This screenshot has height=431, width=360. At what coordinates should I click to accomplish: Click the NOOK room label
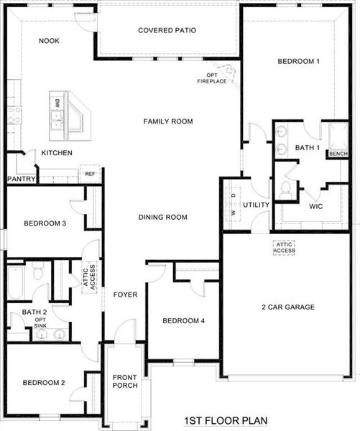pyautogui.click(x=49, y=41)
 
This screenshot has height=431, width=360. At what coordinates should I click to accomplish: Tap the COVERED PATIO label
pyautogui.click(x=167, y=30)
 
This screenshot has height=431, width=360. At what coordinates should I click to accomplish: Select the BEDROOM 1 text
pyautogui.click(x=298, y=62)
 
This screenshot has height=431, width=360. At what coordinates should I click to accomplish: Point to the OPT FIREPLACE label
pyautogui.click(x=212, y=78)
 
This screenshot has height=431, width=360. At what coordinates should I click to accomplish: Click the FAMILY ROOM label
pyautogui.click(x=168, y=121)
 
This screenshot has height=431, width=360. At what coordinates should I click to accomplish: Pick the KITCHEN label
pyautogui.click(x=56, y=153)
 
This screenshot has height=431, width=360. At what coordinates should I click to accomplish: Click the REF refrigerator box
pyautogui.click(x=90, y=174)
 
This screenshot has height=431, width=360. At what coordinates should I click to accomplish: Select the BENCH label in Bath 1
pyautogui.click(x=337, y=154)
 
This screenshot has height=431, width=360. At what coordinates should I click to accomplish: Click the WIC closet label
pyautogui.click(x=316, y=206)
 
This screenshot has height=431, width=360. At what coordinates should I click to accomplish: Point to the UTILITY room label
pyautogui.click(x=256, y=205)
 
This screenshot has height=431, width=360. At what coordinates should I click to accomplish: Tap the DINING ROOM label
pyautogui.click(x=163, y=217)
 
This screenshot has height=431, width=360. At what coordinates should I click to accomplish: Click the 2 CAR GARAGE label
pyautogui.click(x=289, y=307)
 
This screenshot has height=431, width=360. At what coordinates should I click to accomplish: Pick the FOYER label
pyautogui.click(x=125, y=295)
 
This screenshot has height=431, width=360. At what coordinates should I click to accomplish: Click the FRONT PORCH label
pyautogui.click(x=125, y=381)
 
